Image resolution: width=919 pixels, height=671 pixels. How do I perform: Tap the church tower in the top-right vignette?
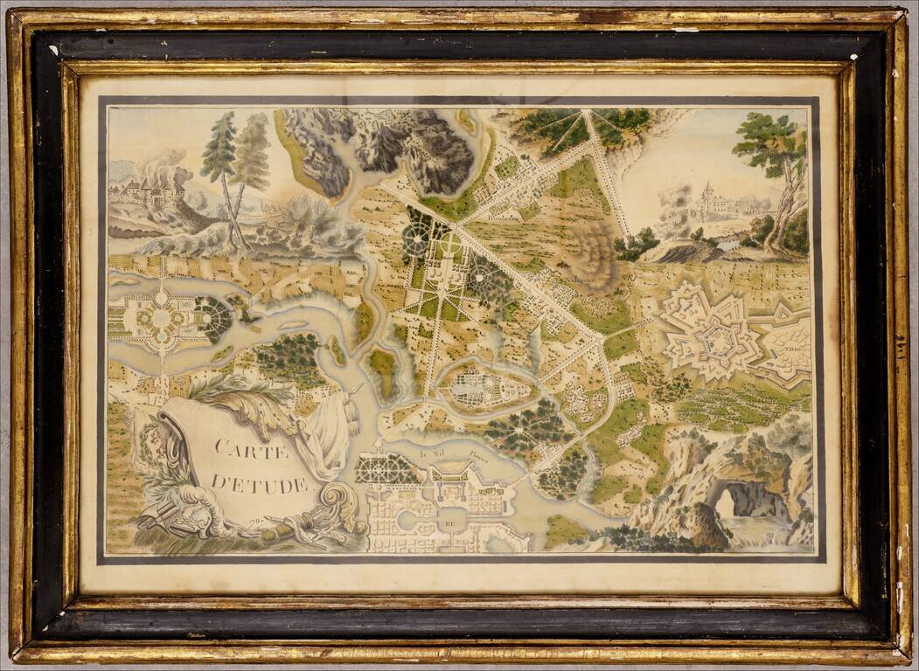tap(707, 197)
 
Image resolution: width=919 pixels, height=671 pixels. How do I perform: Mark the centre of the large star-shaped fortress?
tap(708, 335)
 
